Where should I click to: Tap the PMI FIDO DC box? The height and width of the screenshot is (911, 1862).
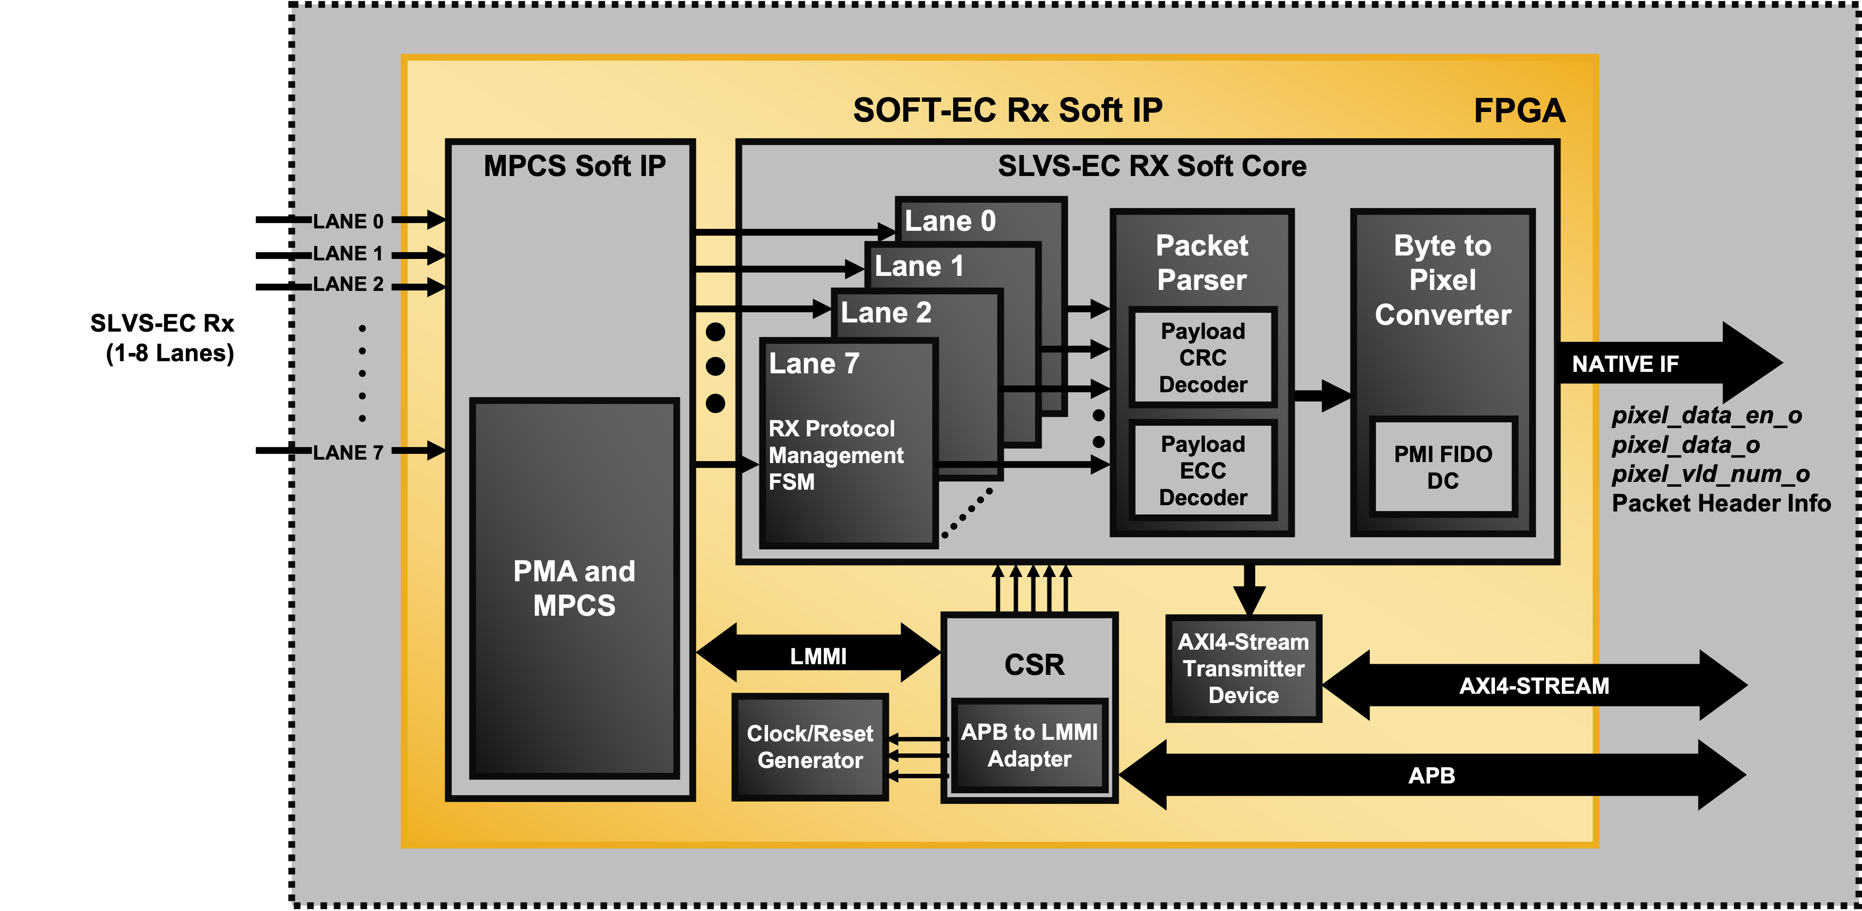point(1443,467)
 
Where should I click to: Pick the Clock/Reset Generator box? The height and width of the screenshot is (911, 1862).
point(810,747)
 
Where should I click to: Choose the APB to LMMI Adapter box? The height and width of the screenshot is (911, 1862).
point(1029,745)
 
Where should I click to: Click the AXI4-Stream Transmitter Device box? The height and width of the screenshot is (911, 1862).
point(1243,669)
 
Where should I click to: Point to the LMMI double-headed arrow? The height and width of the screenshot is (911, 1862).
point(818,655)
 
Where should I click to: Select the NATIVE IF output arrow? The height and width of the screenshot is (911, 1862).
point(1663,364)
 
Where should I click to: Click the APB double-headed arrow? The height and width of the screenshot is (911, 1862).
point(1431,775)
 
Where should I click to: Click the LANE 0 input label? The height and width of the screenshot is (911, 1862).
point(348,221)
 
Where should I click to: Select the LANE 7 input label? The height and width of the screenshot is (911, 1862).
point(348,453)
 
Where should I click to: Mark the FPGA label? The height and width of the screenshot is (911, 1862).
point(1519,112)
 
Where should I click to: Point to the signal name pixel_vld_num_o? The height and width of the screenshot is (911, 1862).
point(1710,474)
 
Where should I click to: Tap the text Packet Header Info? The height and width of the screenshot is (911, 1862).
point(1720,503)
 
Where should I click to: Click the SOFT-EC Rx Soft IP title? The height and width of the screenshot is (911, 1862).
point(1007,111)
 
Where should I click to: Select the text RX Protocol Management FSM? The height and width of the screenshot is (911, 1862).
point(835,455)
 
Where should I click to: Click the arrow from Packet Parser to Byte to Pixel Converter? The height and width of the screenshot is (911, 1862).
point(1320,396)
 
